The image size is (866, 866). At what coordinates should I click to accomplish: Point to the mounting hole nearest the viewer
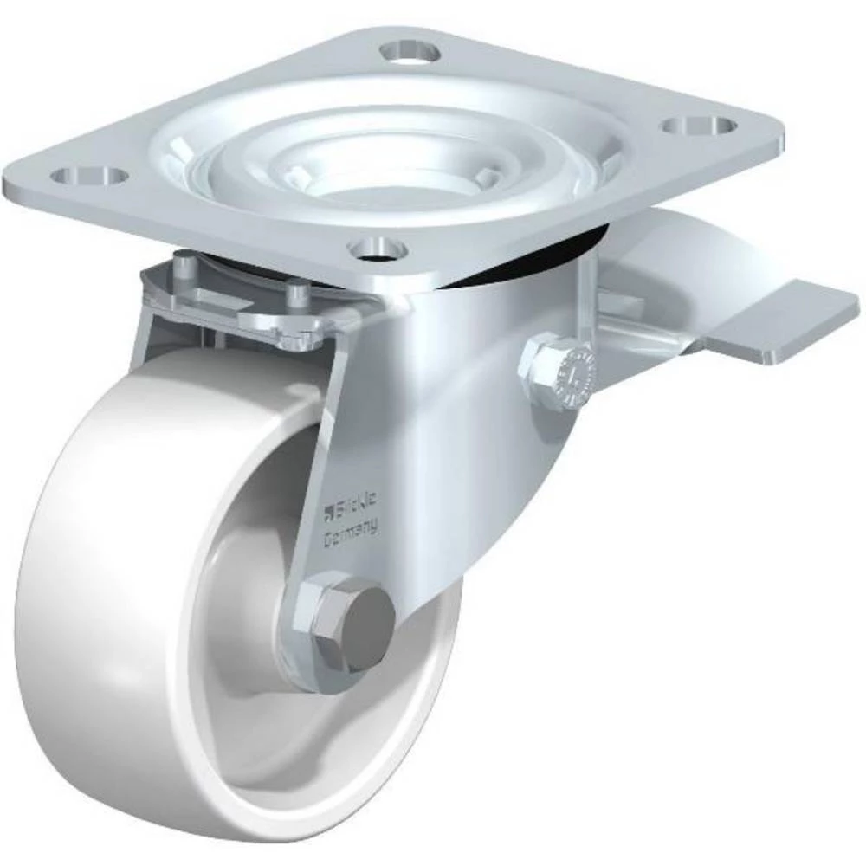tap(378, 249)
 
